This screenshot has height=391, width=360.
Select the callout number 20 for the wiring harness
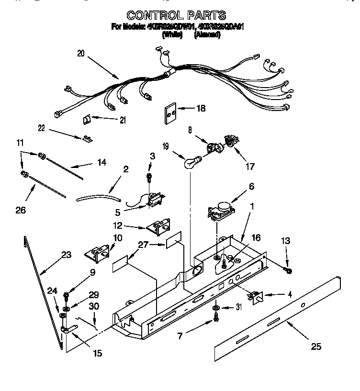coord(80,54)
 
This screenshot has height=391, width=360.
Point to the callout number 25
coord(315,346)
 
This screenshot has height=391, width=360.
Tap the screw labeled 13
coord(289,271)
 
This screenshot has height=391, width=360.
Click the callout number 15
coord(97,354)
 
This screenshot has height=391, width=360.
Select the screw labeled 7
coord(216,318)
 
